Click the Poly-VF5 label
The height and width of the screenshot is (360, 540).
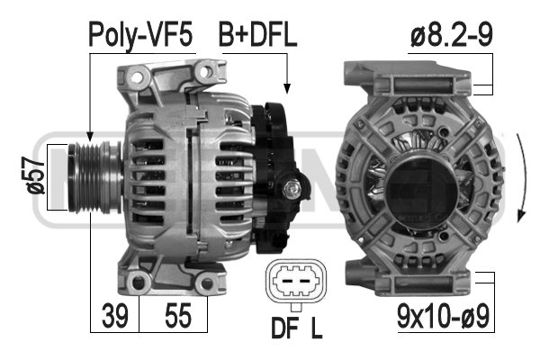140,35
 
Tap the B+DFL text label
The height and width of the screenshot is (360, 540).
257,35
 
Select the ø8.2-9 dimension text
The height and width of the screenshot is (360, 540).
452,35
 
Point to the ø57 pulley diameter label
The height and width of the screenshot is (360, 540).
34,175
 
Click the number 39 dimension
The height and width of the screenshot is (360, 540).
114,316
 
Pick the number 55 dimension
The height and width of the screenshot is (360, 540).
177,316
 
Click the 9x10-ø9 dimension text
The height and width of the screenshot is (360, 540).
443,316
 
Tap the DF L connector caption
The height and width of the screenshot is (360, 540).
297,328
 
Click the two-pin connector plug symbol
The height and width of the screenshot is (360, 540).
296,281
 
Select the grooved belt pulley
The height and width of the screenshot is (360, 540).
94,177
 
